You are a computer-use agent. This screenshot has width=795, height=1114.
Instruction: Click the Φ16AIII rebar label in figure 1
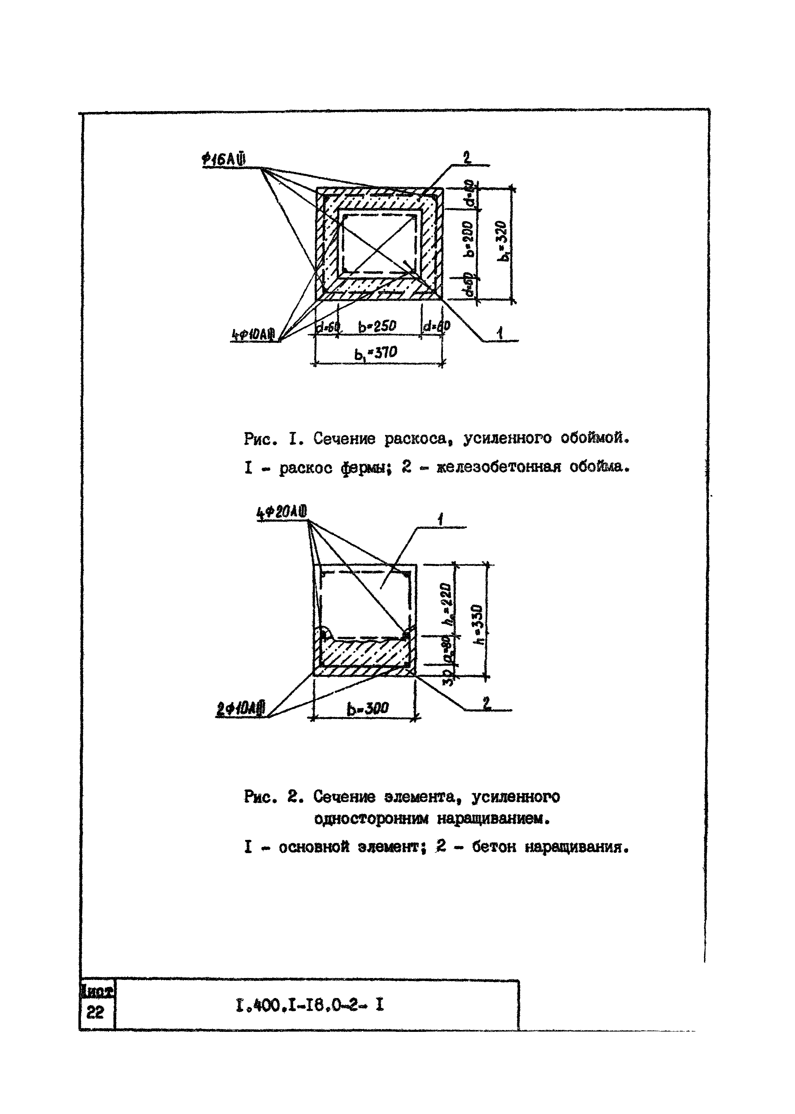(224, 160)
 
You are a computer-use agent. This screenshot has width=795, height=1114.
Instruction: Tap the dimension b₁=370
(376, 353)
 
